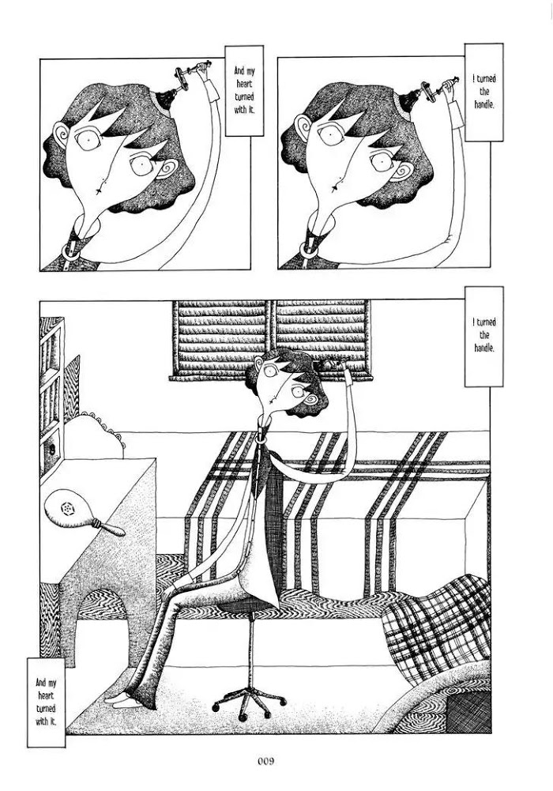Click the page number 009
click(265, 761)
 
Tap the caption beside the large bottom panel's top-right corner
click(484, 336)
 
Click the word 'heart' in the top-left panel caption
click(244, 85)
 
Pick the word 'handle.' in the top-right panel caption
click(484, 105)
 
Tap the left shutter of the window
click(222, 338)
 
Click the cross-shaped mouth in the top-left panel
click(98, 190)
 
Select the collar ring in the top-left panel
click(70, 251)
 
